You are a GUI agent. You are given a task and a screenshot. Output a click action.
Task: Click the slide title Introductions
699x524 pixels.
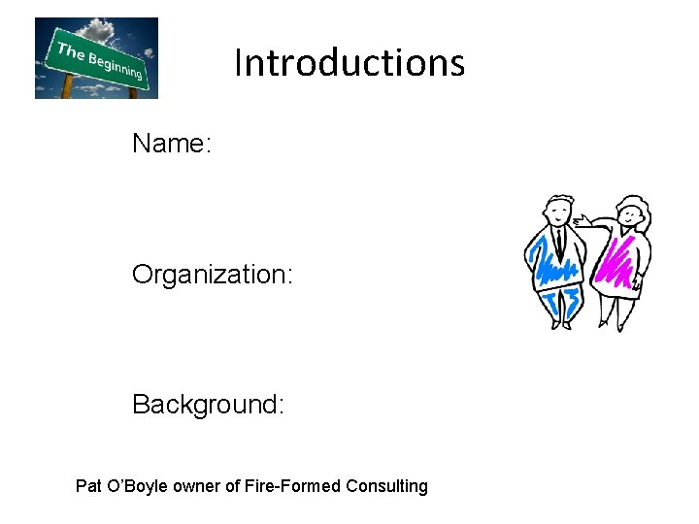[x=349, y=63]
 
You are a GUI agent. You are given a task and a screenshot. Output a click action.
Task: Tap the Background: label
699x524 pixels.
[x=209, y=404]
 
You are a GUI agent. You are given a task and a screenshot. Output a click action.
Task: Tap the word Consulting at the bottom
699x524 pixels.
[x=387, y=486]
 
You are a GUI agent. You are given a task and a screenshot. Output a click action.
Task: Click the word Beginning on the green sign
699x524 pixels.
[x=115, y=65]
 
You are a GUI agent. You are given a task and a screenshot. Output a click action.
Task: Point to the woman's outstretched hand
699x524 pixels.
[x=579, y=222]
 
